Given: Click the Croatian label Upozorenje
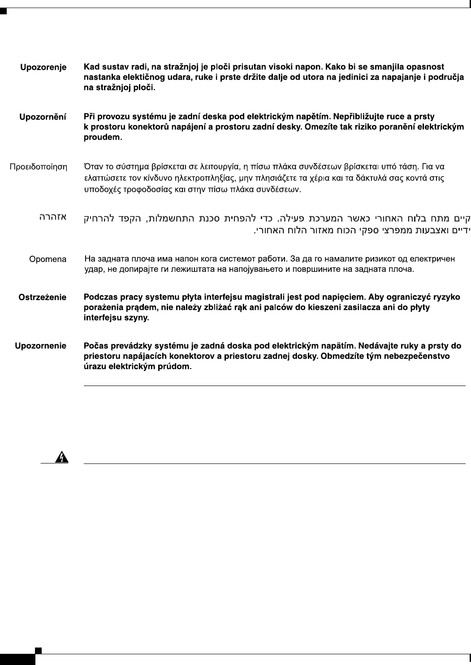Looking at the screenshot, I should click(43, 67).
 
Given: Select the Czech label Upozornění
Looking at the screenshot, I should click(43, 117).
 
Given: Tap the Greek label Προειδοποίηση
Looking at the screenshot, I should click(39, 167).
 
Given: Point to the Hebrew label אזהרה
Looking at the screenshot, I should click(52, 217).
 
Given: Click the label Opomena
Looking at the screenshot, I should click(48, 259).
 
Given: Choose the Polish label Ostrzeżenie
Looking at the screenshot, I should click(42, 297).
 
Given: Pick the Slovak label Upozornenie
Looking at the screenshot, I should click(41, 346).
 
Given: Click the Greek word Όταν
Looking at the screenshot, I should click(93, 167).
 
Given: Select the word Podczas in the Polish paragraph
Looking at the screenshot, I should click(101, 297).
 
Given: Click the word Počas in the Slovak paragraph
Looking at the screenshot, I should click(95, 346).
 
